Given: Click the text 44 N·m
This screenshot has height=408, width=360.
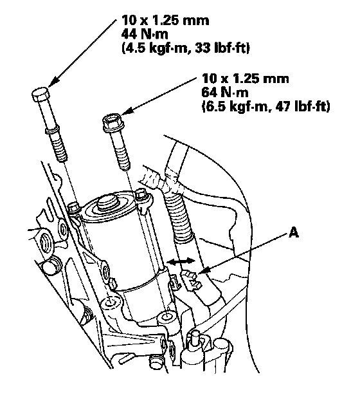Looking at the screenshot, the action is pyautogui.click(x=145, y=34).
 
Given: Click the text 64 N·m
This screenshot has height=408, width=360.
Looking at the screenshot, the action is pyautogui.click(x=225, y=92).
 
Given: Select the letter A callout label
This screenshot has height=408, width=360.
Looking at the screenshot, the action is pyautogui.click(x=294, y=232).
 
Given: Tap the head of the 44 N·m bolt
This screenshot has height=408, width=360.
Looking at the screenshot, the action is pyautogui.click(x=40, y=95).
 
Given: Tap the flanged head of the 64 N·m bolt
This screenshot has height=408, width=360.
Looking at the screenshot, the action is pyautogui.click(x=112, y=122).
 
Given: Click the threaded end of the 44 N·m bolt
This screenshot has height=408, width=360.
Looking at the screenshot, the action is pyautogui.click(x=61, y=148).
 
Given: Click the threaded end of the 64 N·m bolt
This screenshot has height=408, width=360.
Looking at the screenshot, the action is pyautogui.click(x=123, y=159).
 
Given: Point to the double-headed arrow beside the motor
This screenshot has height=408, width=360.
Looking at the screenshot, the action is pyautogui.click(x=181, y=261).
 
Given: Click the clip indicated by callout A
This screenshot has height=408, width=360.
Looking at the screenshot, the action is pyautogui.click(x=192, y=279).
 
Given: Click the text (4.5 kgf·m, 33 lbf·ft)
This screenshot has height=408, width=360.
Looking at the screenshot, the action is pyautogui.click(x=186, y=48).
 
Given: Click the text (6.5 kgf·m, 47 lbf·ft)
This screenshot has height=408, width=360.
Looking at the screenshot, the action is pyautogui.click(x=265, y=106).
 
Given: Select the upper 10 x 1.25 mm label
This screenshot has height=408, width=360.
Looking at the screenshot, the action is pyautogui.click(x=165, y=20).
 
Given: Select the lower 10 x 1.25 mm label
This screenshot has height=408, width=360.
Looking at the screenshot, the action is pyautogui.click(x=246, y=78).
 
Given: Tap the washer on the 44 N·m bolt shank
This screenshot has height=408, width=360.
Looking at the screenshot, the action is pyautogui.click(x=53, y=131).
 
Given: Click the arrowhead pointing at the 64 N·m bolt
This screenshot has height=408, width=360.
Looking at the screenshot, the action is pyautogui.click(x=127, y=111).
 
